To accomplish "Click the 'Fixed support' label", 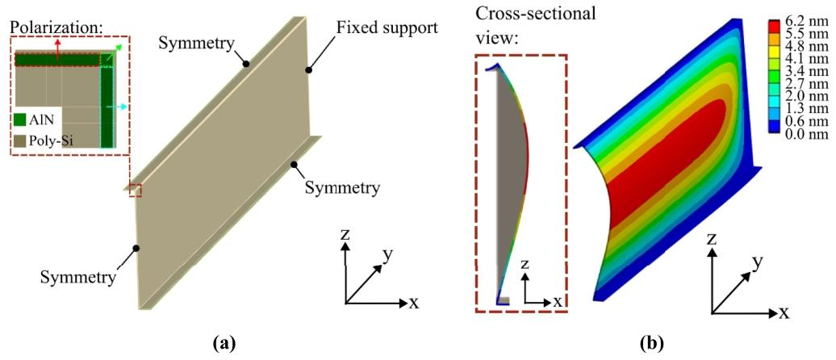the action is tap(387, 26).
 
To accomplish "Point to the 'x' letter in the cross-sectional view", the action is tap(558, 301).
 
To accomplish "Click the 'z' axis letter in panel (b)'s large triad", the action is tap(711, 239).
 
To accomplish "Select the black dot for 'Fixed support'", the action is tap(308, 69).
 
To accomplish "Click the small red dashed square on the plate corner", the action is tap(136, 190).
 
